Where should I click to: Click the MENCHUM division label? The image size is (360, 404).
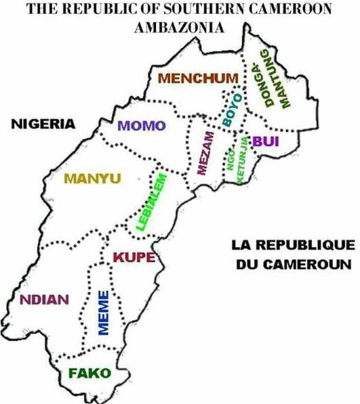pos(199,78)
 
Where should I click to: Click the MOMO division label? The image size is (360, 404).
pos(142,125)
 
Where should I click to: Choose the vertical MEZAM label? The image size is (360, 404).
pos(201,154)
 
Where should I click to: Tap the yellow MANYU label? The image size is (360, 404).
pos(92,179)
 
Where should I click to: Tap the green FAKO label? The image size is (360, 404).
pos(88,373)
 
